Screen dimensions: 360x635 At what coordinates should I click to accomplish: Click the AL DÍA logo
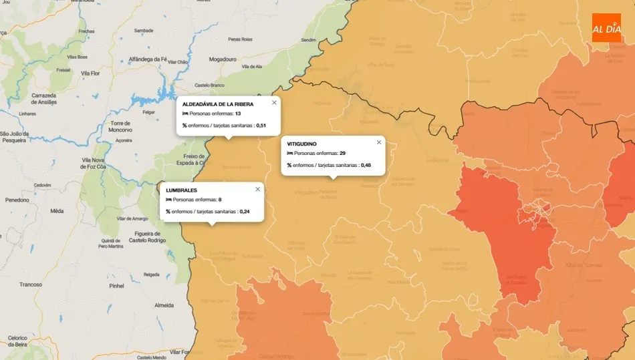click(x=606, y=27)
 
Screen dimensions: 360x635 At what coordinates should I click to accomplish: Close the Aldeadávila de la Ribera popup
click(x=274, y=103)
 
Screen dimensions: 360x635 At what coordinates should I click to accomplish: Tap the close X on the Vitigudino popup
click(x=379, y=142)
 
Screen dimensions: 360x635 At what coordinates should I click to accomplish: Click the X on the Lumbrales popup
click(x=257, y=189)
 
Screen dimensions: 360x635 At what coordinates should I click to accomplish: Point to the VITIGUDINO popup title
click(x=301, y=144)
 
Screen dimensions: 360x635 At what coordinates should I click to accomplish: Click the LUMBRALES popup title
click(x=181, y=190)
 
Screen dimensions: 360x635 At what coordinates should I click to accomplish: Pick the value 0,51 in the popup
click(x=261, y=126)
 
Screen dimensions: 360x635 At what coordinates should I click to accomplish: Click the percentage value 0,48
click(x=366, y=165)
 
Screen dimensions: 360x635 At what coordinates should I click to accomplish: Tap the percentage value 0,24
click(x=245, y=212)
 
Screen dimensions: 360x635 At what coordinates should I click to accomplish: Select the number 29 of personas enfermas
click(x=342, y=154)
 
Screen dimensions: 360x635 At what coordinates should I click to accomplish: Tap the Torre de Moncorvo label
click(x=121, y=127)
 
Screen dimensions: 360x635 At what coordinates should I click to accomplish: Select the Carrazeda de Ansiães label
click(x=44, y=99)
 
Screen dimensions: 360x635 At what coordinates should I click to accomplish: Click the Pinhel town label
click(x=116, y=285)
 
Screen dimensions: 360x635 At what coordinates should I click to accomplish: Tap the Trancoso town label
click(x=30, y=284)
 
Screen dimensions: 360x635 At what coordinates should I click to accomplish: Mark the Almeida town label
click(x=164, y=305)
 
